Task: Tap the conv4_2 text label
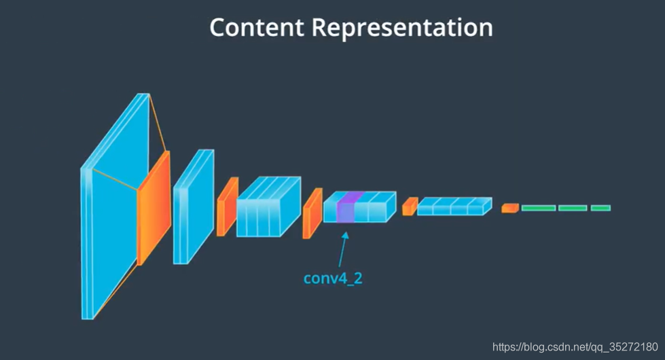tap(333, 278)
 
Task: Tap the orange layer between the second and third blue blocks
tap(227, 207)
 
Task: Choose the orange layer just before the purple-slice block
tap(312, 214)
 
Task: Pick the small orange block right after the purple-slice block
tap(408, 207)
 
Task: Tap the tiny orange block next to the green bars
tap(509, 208)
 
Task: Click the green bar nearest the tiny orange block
tap(538, 208)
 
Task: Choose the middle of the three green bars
tap(572, 208)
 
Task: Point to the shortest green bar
tap(600, 208)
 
